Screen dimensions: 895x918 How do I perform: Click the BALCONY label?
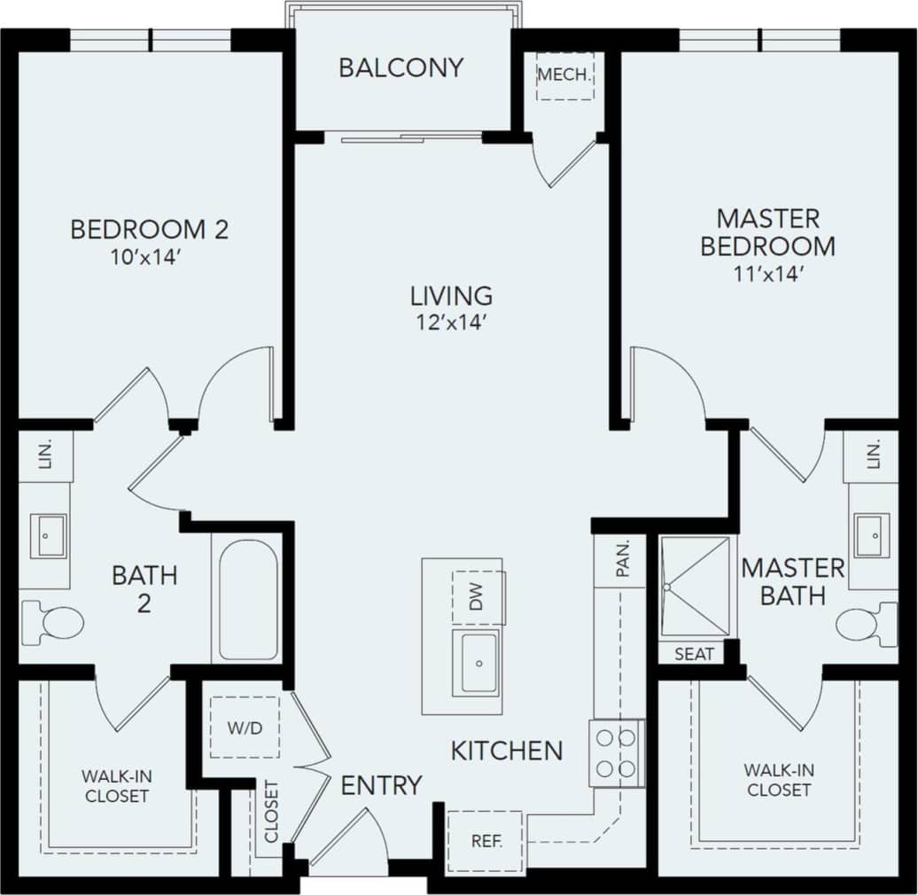click(401, 68)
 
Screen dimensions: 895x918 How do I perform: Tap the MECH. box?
click(564, 75)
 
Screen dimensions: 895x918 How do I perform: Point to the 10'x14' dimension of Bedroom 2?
click(149, 257)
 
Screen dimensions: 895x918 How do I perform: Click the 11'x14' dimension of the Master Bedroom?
click(767, 274)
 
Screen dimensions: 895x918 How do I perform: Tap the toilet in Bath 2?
click(55, 622)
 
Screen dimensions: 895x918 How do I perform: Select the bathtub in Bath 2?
click(248, 598)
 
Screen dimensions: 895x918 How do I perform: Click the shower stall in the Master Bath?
click(696, 586)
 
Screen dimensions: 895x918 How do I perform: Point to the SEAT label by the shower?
click(694, 654)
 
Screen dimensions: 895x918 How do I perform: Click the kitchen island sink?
click(478, 662)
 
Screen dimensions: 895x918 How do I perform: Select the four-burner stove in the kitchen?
click(616, 752)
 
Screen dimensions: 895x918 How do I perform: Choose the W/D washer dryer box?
click(245, 728)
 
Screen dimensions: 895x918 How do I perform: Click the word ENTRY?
click(381, 785)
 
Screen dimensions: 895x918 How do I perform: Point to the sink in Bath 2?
click(47, 536)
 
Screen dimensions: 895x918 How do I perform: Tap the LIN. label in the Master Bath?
click(874, 455)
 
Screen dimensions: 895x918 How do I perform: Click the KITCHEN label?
click(507, 751)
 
